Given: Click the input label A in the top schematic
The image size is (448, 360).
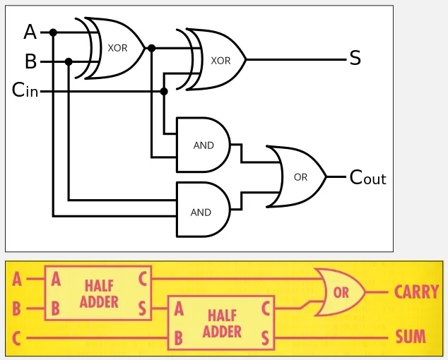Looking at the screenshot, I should [x=30, y=32].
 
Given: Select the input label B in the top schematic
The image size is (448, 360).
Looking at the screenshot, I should [x=30, y=62].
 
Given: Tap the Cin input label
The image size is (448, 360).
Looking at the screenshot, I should [x=25, y=91].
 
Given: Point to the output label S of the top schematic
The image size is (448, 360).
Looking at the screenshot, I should [x=355, y=59].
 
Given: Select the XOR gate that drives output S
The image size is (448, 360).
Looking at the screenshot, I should [x=218, y=60].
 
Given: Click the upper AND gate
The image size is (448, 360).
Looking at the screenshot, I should [x=204, y=145].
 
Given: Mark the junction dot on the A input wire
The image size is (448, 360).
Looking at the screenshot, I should [x=53, y=32].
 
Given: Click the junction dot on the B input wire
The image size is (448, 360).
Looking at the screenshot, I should [x=69, y=61].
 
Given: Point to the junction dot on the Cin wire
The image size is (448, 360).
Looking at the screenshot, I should [x=164, y=91].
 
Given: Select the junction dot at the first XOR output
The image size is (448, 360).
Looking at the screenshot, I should [x=151, y=48].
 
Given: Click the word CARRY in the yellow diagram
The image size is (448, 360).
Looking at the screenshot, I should [x=416, y=292].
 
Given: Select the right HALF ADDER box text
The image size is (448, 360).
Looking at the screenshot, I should [x=222, y=323].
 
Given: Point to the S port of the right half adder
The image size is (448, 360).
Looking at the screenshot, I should [x=265, y=338].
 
